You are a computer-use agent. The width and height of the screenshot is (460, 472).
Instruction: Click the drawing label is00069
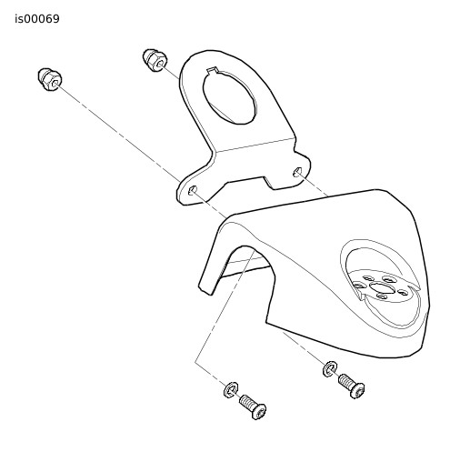point(37,19)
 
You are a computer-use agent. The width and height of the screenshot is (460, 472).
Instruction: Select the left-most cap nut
point(50,80)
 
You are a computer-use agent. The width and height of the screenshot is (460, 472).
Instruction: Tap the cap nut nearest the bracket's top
point(155,60)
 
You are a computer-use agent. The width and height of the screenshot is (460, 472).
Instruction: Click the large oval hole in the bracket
point(229,97)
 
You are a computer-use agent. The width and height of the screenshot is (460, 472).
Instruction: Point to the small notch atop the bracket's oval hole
point(213,71)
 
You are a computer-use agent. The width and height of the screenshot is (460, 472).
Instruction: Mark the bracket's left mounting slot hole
point(193,190)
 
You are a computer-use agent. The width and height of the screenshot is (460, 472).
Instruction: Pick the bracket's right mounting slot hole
point(297,172)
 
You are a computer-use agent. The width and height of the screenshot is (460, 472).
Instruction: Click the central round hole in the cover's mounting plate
point(381,287)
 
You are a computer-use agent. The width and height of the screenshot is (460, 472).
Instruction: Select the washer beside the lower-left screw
point(231,390)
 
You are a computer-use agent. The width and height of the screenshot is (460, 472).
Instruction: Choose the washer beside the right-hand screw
point(330,369)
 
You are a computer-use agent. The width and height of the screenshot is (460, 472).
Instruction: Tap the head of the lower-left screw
point(258,412)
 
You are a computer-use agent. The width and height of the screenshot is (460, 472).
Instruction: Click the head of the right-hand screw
point(357,390)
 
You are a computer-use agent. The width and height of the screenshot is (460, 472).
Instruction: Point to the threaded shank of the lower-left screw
point(247,402)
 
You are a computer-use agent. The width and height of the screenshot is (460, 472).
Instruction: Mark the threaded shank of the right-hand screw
point(345,380)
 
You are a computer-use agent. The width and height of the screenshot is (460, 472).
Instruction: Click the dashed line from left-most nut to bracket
point(119,134)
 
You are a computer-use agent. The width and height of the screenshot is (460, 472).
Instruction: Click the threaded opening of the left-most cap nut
point(55,84)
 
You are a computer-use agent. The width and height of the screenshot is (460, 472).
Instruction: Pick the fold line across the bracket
point(255,145)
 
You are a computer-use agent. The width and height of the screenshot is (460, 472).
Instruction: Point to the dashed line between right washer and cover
point(304,347)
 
